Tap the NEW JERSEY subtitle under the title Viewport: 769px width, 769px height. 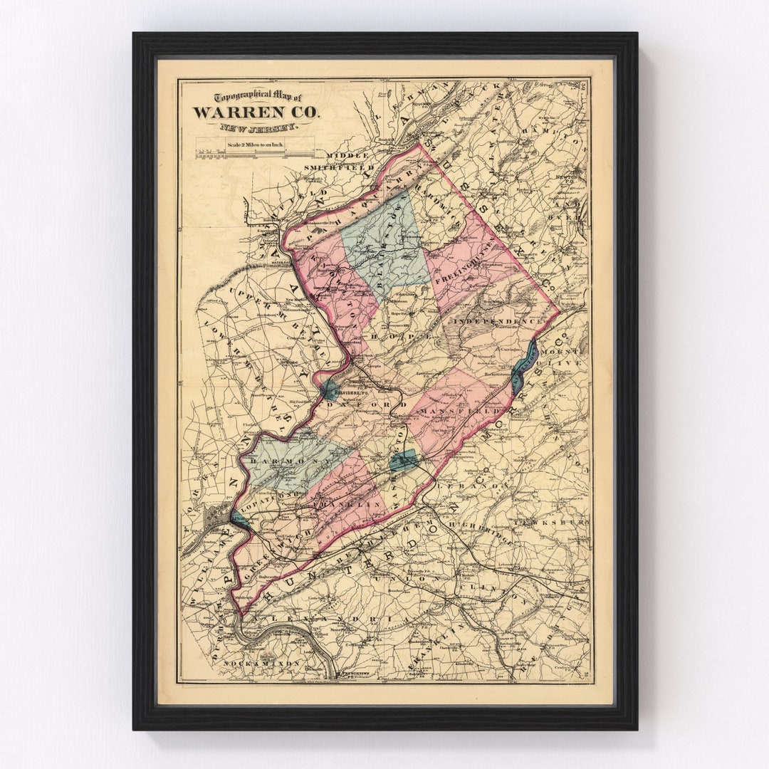pyautogui.click(x=258, y=128)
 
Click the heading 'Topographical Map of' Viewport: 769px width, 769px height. pyautogui.click(x=249, y=98)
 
